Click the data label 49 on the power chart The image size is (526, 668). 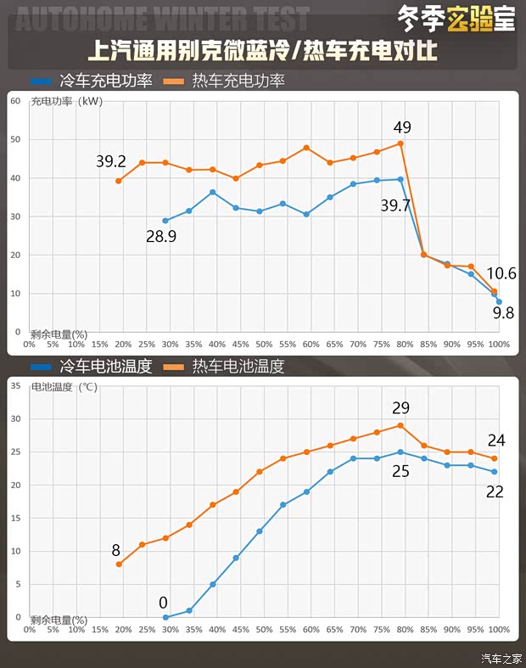[x=402, y=127]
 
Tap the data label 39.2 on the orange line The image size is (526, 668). [x=110, y=161]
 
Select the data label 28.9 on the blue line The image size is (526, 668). [x=161, y=237]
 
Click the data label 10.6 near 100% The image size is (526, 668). [x=501, y=273]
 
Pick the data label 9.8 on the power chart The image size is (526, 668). [x=503, y=313]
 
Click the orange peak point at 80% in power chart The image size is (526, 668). [x=400, y=143]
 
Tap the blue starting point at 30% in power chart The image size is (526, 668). [x=165, y=221]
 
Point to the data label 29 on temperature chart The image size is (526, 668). [x=400, y=407]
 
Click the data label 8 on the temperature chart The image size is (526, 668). [x=116, y=550]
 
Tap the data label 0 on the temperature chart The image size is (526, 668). [x=163, y=603]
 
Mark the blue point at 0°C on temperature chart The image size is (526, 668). [x=165, y=617]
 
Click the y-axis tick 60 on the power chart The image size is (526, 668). [x=15, y=101]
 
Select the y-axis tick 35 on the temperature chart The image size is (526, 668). [x=15, y=385]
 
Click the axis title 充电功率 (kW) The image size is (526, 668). [x=66, y=102]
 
